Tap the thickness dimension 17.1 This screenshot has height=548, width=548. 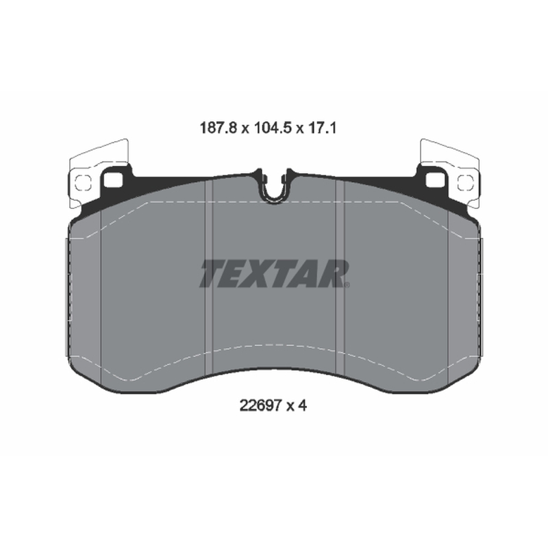click(x=322, y=129)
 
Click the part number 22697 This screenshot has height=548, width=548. click(x=260, y=406)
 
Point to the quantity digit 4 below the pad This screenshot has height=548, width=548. click(x=302, y=406)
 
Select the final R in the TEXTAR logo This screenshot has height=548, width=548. click(x=332, y=273)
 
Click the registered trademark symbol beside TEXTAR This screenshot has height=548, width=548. click(x=347, y=284)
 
